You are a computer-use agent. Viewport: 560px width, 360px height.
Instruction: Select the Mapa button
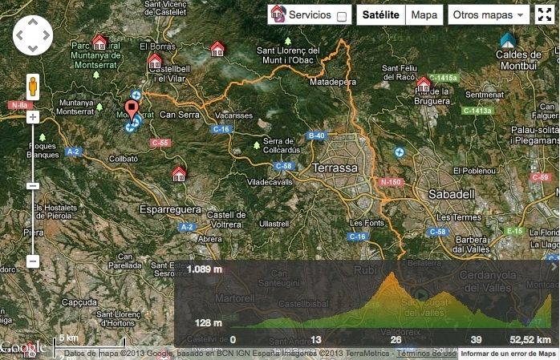pyautogui.click(x=424, y=15)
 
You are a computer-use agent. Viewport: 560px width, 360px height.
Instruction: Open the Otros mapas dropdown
pyautogui.click(x=488, y=15)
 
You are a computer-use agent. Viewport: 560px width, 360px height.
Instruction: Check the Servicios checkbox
pyautogui.click(x=343, y=16)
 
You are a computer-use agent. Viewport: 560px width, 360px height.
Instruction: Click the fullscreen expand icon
pyautogui.click(x=546, y=15)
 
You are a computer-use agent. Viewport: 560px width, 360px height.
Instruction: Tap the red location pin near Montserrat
pyautogui.click(x=132, y=111)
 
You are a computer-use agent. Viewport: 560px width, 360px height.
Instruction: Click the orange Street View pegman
pyautogui.click(x=33, y=86)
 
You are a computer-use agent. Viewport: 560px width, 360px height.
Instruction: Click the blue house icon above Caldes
pyautogui.click(x=507, y=39)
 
